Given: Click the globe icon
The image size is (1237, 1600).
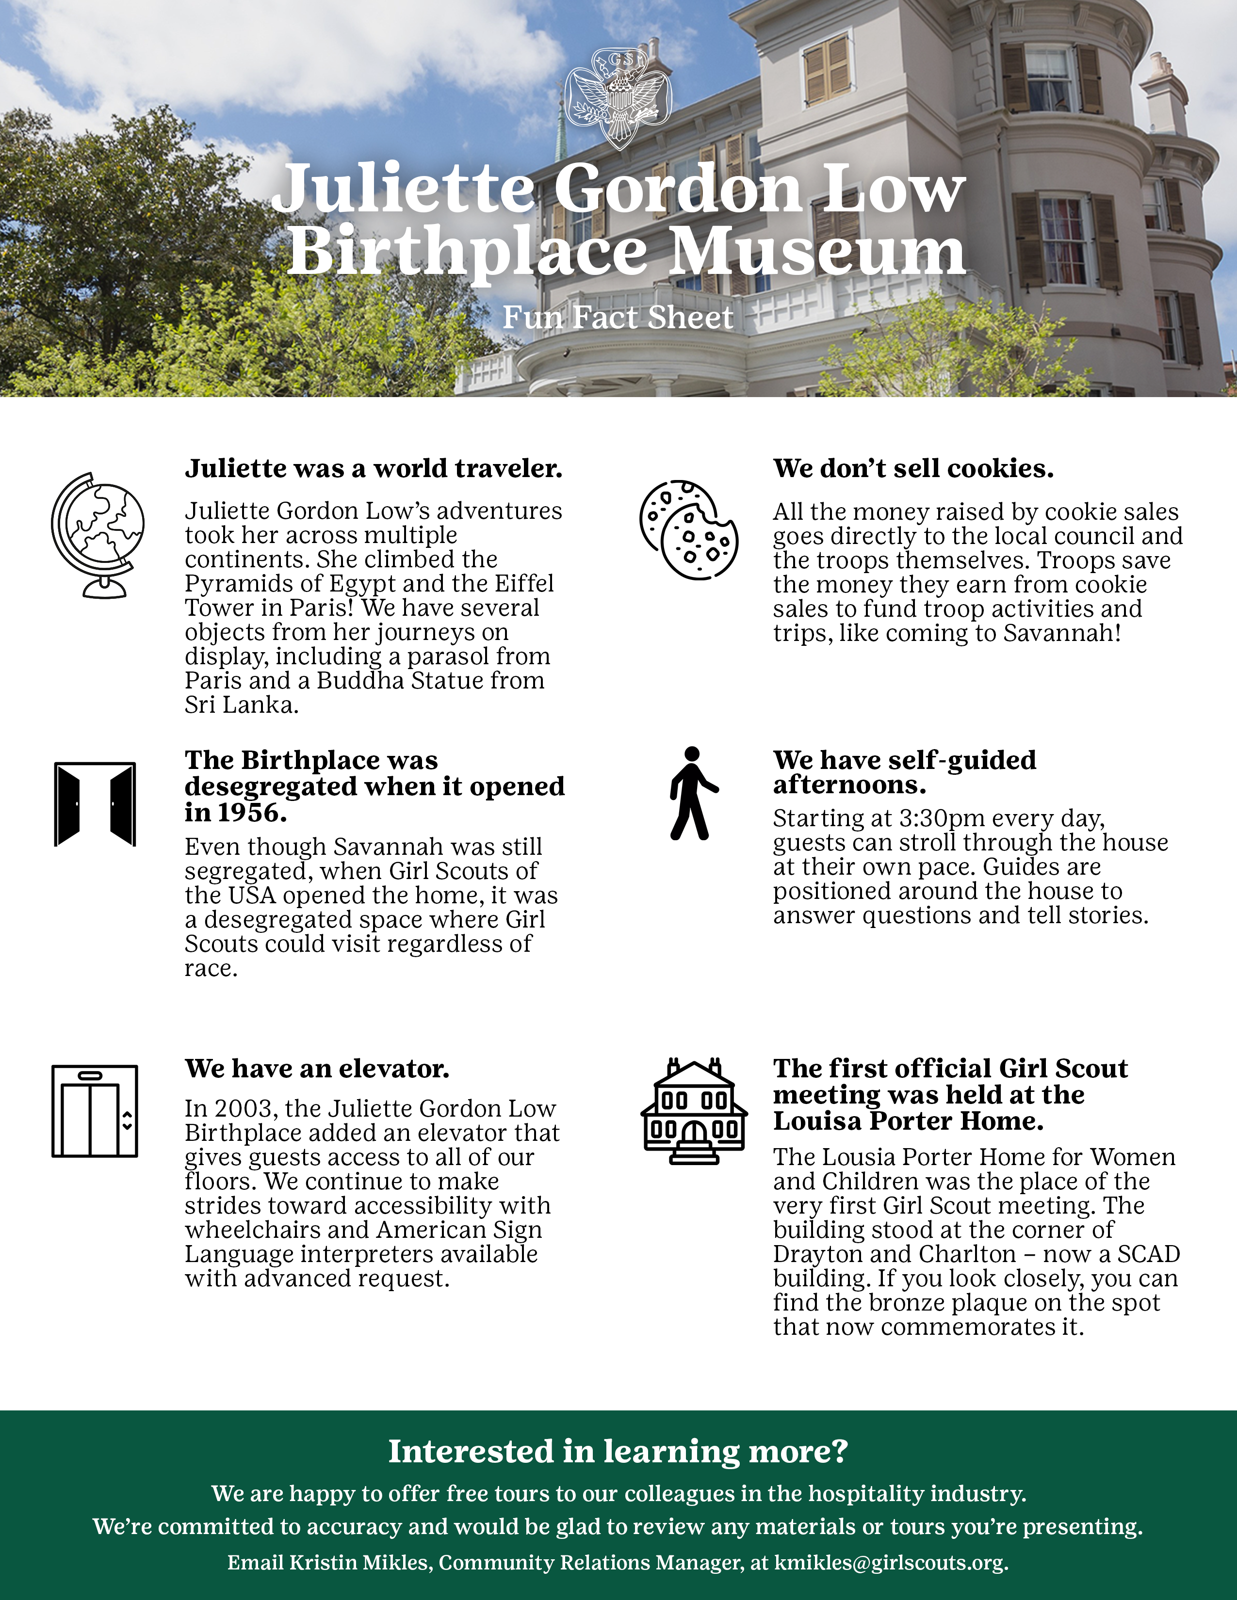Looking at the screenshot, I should pos(98,535).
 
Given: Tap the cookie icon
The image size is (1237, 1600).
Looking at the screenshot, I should pos(688,529).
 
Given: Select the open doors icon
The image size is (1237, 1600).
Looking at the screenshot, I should pos(95,804).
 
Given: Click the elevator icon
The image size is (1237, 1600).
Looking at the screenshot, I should pos(95,1111).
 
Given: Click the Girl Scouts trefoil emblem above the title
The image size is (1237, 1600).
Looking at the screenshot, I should pos(618,97).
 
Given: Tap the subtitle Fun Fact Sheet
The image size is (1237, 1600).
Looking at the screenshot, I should pos(618,317).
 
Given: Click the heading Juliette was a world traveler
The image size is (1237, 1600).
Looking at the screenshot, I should pos(373,468).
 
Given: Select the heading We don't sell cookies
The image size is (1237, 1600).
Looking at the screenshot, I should pos(913,468).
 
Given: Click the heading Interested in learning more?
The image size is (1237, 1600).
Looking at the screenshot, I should pos(618,1451).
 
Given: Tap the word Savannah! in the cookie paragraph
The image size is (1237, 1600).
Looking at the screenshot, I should pos(1062,633).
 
